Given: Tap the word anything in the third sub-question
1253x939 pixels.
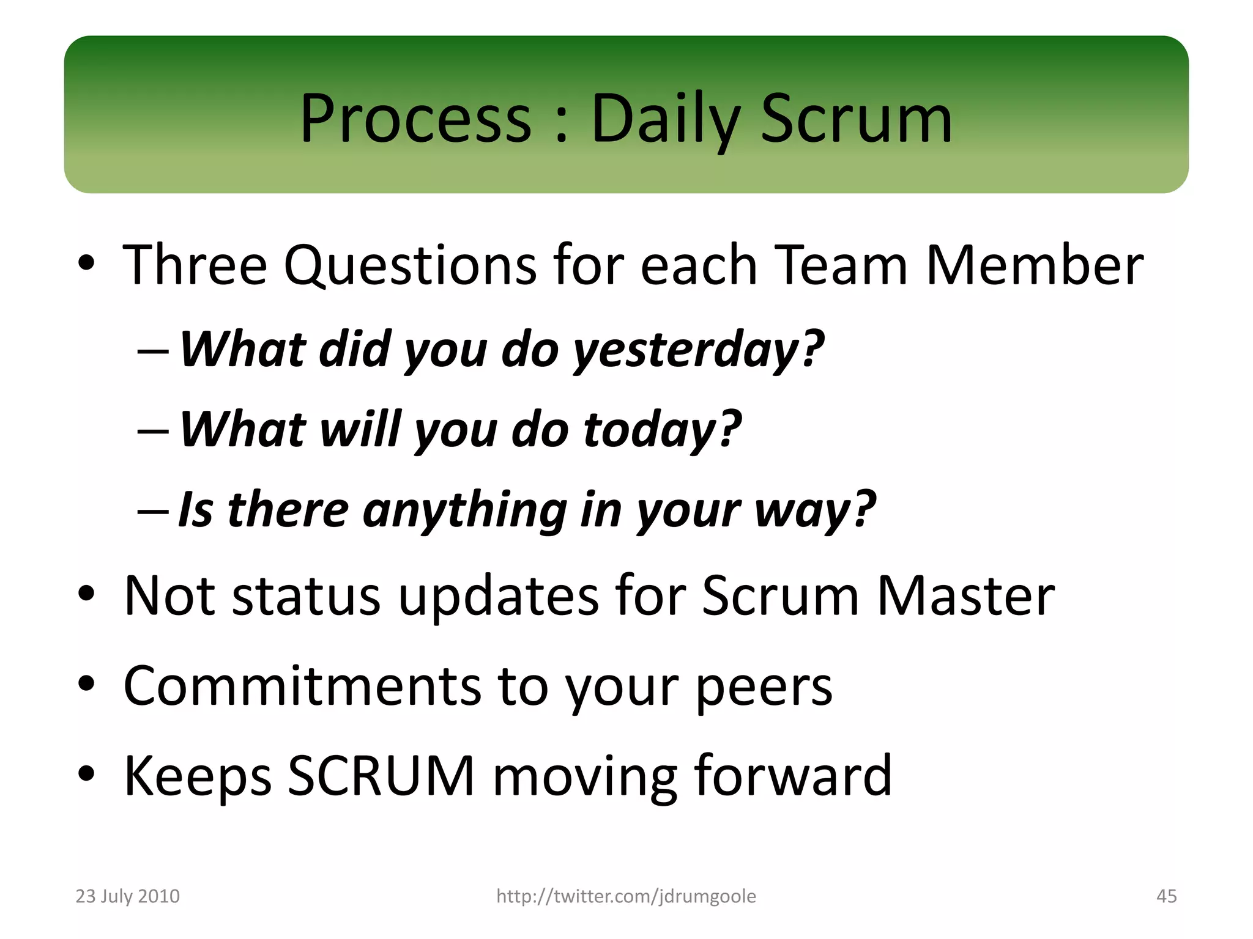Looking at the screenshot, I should [465, 510].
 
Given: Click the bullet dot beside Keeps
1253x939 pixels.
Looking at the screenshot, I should [86, 773].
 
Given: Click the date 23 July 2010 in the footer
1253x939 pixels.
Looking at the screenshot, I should [127, 896].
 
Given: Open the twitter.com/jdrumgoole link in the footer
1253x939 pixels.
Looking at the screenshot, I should [626, 896].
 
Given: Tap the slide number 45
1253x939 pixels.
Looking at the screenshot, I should [1166, 896].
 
